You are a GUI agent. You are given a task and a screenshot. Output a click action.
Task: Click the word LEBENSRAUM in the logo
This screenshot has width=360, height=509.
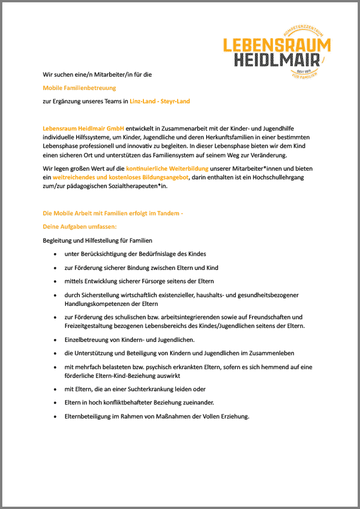(x=277, y=45)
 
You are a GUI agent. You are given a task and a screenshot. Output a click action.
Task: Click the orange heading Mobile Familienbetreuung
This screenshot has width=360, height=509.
(x=80, y=88)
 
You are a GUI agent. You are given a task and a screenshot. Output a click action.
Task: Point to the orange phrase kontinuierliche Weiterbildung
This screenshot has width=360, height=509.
(x=167, y=168)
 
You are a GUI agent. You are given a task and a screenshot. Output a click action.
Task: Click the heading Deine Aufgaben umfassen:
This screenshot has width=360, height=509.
(x=80, y=226)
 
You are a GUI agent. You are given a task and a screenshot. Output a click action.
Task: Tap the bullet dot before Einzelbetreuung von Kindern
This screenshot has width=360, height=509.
(x=55, y=340)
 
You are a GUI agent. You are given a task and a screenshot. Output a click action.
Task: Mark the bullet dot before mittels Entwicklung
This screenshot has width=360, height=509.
(x=55, y=281)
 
